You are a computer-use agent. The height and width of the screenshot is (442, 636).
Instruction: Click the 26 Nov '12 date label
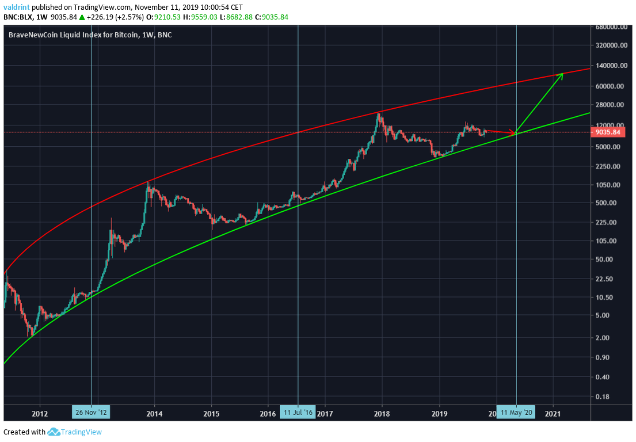pyautogui.click(x=91, y=412)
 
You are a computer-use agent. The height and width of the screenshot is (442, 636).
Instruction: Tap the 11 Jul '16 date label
pyautogui.click(x=298, y=412)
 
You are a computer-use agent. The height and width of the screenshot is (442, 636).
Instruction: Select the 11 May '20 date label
pyautogui.click(x=516, y=412)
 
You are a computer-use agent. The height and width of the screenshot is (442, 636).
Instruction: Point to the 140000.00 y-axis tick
pyautogui.click(x=611, y=66)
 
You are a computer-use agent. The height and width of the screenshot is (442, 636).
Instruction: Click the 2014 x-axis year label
pyautogui.click(x=154, y=413)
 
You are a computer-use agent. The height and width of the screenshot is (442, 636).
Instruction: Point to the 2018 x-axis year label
pyautogui.click(x=382, y=413)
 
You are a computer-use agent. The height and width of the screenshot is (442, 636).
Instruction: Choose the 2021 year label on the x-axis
pyautogui.click(x=553, y=413)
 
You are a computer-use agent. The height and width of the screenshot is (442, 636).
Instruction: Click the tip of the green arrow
pyautogui.click(x=562, y=74)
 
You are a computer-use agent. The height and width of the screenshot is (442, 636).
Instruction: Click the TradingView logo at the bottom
pyautogui.click(x=75, y=432)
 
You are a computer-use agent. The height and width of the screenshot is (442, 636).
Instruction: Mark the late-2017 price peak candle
pyautogui.click(x=379, y=115)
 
